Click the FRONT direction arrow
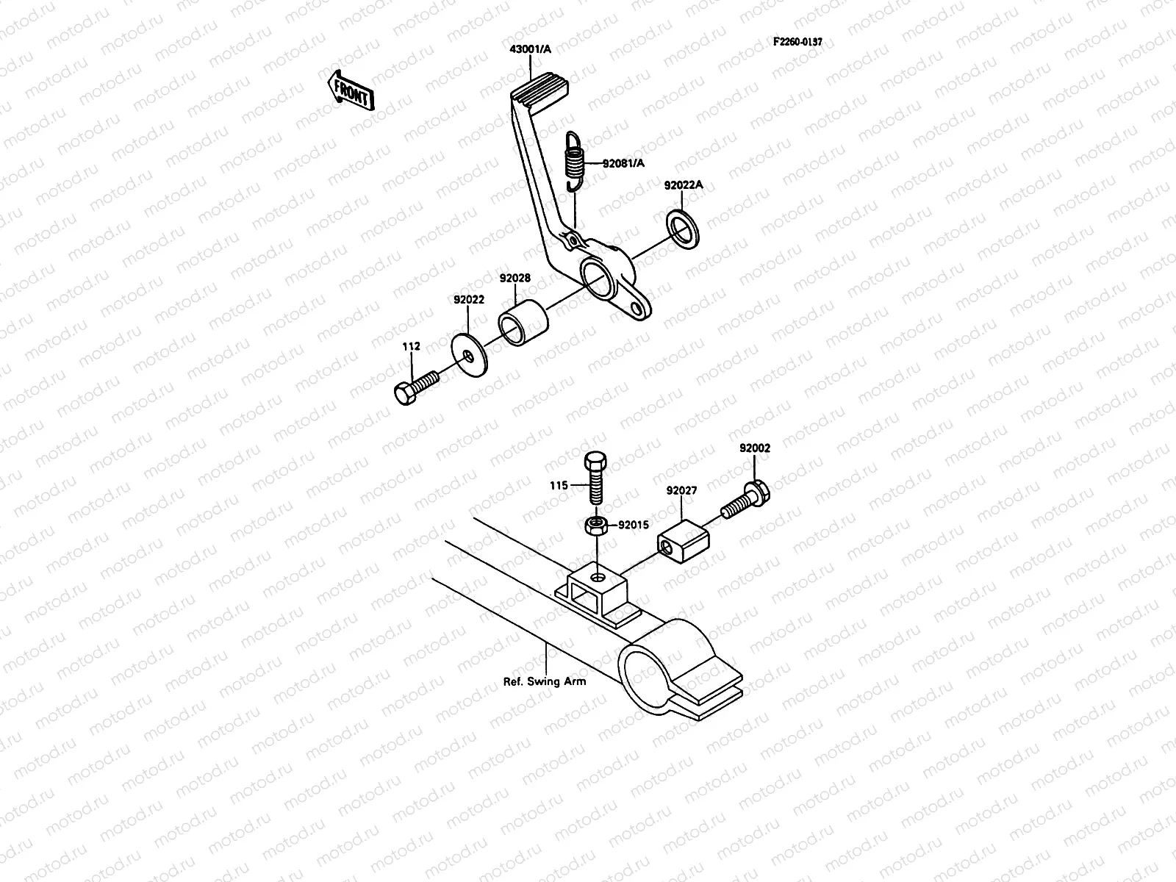coord(351,90)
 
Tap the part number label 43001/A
coord(530,49)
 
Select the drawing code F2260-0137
coord(797,42)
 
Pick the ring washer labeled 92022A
coord(684,229)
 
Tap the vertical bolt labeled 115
coord(595,478)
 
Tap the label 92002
coord(755,447)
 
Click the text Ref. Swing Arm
coord(545,681)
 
